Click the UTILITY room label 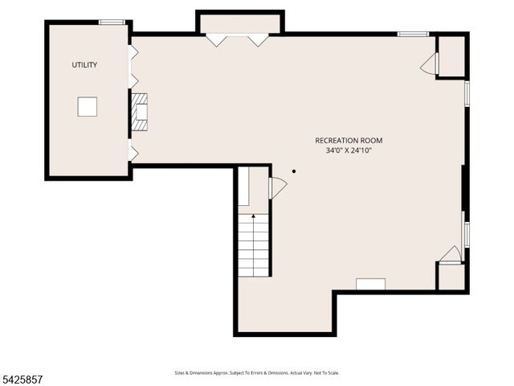pyautogui.click(x=84, y=65)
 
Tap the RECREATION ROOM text pyautogui.click(x=349, y=141)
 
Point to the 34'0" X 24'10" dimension pyautogui.click(x=349, y=150)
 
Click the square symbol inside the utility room pyautogui.click(x=87, y=106)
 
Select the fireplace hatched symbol pyautogui.click(x=140, y=112)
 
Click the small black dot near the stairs pyautogui.click(x=294, y=171)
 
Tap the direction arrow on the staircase pyautogui.click(x=254, y=217)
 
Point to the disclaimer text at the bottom pyautogui.click(x=257, y=372)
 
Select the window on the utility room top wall pyautogui.click(x=112, y=22)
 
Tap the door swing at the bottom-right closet pyautogui.click(x=451, y=254)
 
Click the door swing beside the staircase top pyautogui.click(x=277, y=187)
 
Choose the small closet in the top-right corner pyautogui.click(x=451, y=55)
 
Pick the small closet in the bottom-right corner pyautogui.click(x=451, y=277)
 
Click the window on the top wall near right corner pyautogui.click(x=413, y=34)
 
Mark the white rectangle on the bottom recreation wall pyautogui.click(x=370, y=284)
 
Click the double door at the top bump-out pyautogui.click(x=237, y=39)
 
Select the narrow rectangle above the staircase pyautogui.click(x=243, y=187)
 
